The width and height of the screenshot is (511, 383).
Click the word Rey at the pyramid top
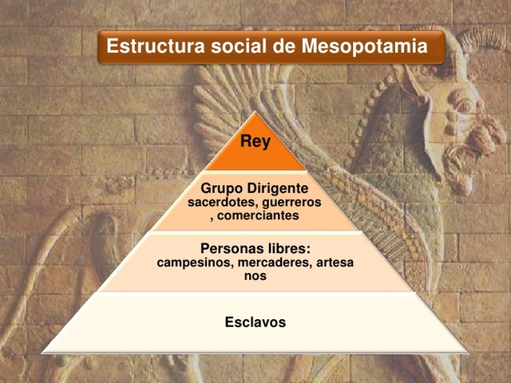point(255,143)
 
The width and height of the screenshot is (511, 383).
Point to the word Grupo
point(220,189)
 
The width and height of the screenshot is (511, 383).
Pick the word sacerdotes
point(221,203)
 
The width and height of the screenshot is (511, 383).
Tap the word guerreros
point(291,203)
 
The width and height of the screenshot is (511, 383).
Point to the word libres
point(288,248)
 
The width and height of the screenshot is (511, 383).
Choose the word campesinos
point(193,262)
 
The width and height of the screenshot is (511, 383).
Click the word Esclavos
point(255,322)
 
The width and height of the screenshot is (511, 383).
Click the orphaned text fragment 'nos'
point(255,275)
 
